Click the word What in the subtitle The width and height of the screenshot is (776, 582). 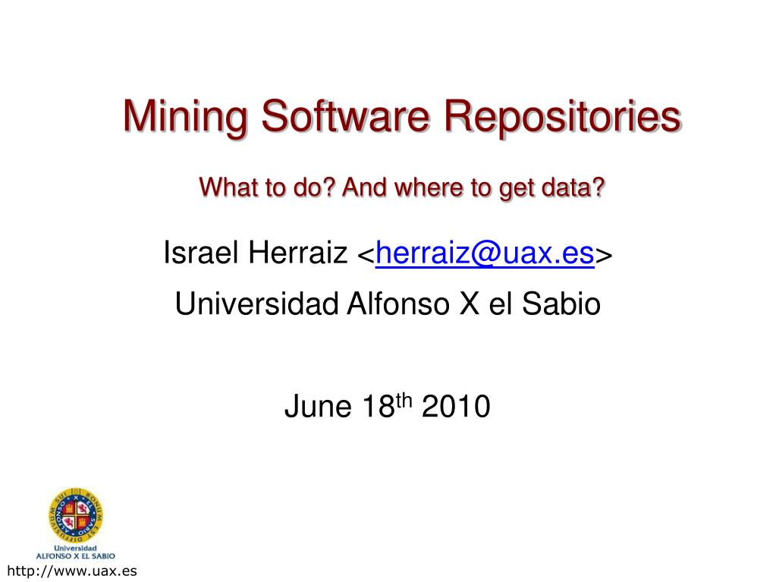224,187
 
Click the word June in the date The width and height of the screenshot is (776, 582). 309,407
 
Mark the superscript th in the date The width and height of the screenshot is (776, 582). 404,401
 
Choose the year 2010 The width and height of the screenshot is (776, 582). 455,407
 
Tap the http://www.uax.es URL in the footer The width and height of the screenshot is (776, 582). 71,571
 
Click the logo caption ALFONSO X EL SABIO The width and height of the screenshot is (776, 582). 74,555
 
